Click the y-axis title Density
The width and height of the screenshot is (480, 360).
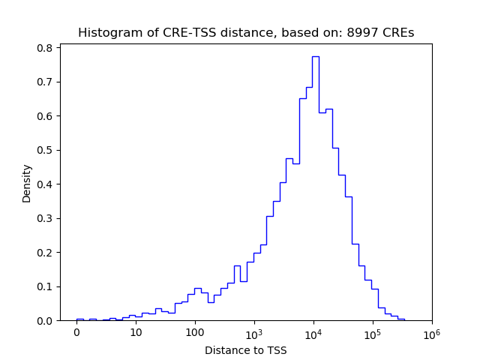[27, 183]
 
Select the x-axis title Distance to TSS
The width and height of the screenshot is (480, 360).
[246, 350]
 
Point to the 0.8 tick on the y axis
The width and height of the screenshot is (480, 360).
[46, 47]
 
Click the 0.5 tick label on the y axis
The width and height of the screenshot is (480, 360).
[46, 150]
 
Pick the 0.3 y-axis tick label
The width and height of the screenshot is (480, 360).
[46, 218]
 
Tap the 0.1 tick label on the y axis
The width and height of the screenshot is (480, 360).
[46, 286]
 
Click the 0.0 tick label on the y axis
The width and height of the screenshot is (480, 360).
[46, 321]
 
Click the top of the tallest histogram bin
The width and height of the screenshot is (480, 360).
[316, 56]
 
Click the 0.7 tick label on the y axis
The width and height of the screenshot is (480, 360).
[46, 82]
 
